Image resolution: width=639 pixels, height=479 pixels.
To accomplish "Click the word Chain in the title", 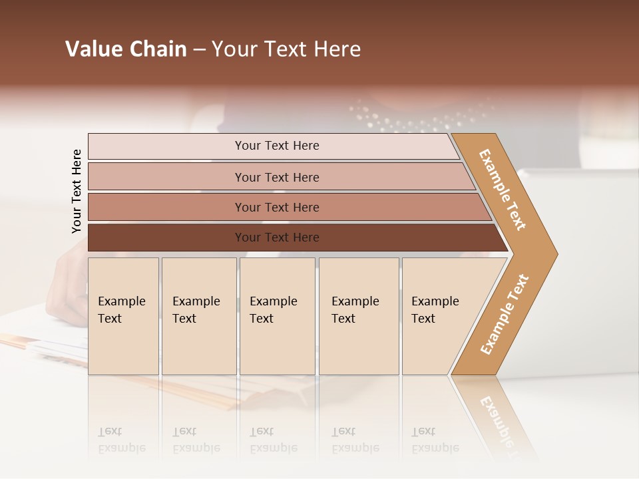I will [158, 49].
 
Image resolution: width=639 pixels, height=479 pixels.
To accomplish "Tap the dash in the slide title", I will [199, 50].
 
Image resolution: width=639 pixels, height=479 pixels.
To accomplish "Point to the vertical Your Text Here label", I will [77, 191].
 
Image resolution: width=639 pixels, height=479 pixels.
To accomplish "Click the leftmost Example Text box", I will [123, 315].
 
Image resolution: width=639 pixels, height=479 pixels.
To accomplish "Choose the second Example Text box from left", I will [198, 315].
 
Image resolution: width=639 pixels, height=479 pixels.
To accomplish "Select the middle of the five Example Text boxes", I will [277, 315].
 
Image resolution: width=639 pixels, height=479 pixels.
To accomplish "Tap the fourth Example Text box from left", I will [359, 315].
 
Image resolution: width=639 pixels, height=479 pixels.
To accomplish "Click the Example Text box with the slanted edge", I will [439, 315].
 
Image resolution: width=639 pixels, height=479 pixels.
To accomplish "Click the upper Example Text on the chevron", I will [503, 190].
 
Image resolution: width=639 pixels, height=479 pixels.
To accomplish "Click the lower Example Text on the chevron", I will [505, 315].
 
